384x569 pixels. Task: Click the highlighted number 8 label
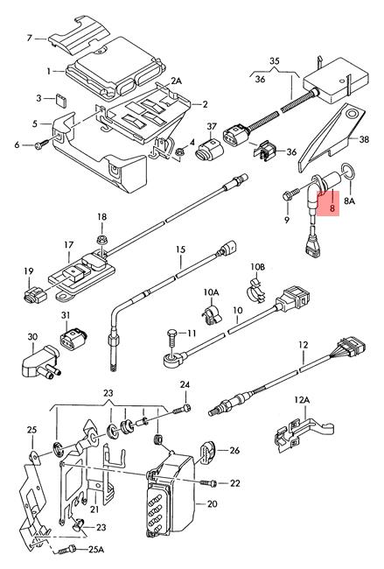pos(332,208)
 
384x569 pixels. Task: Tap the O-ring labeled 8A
pos(347,171)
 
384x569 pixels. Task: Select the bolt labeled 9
pos(290,193)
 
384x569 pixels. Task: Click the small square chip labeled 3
pos(61,100)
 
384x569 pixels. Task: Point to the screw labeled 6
pos(43,144)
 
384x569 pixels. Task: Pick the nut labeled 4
pos(178,153)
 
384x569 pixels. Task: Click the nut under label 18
pos(101,240)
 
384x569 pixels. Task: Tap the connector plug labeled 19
pos(35,294)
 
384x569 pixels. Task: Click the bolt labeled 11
pos(173,337)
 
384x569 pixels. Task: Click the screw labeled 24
pos(182,410)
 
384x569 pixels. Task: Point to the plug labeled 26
pos(207,453)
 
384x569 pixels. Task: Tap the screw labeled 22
pos(208,483)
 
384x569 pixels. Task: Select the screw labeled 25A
pos(66,550)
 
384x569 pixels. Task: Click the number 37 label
pos(212,127)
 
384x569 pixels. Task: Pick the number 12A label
pos(302,400)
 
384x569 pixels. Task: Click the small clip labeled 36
pos(265,151)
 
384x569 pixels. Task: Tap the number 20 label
pos(213,503)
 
